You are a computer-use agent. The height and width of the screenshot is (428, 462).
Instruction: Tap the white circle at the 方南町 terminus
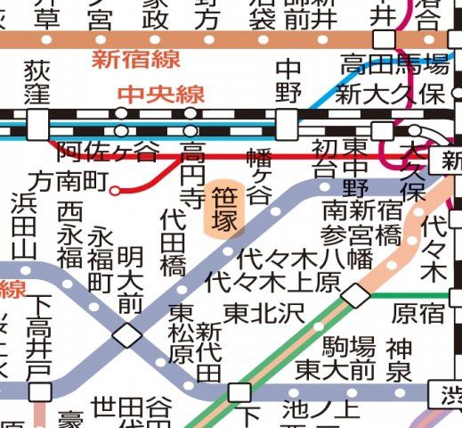114,189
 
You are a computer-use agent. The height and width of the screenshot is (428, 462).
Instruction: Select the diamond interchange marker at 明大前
126,335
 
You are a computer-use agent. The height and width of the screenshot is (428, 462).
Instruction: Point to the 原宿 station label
418,313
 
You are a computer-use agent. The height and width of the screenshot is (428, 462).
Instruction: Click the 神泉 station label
397,356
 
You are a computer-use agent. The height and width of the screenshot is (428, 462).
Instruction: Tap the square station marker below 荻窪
37,124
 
